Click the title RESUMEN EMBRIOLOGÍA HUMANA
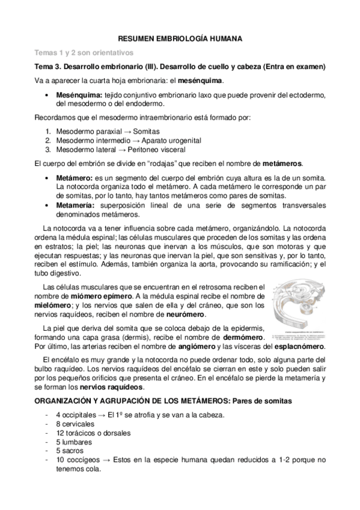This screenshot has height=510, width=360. (180, 38)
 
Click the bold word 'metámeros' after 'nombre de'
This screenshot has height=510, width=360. (282, 164)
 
